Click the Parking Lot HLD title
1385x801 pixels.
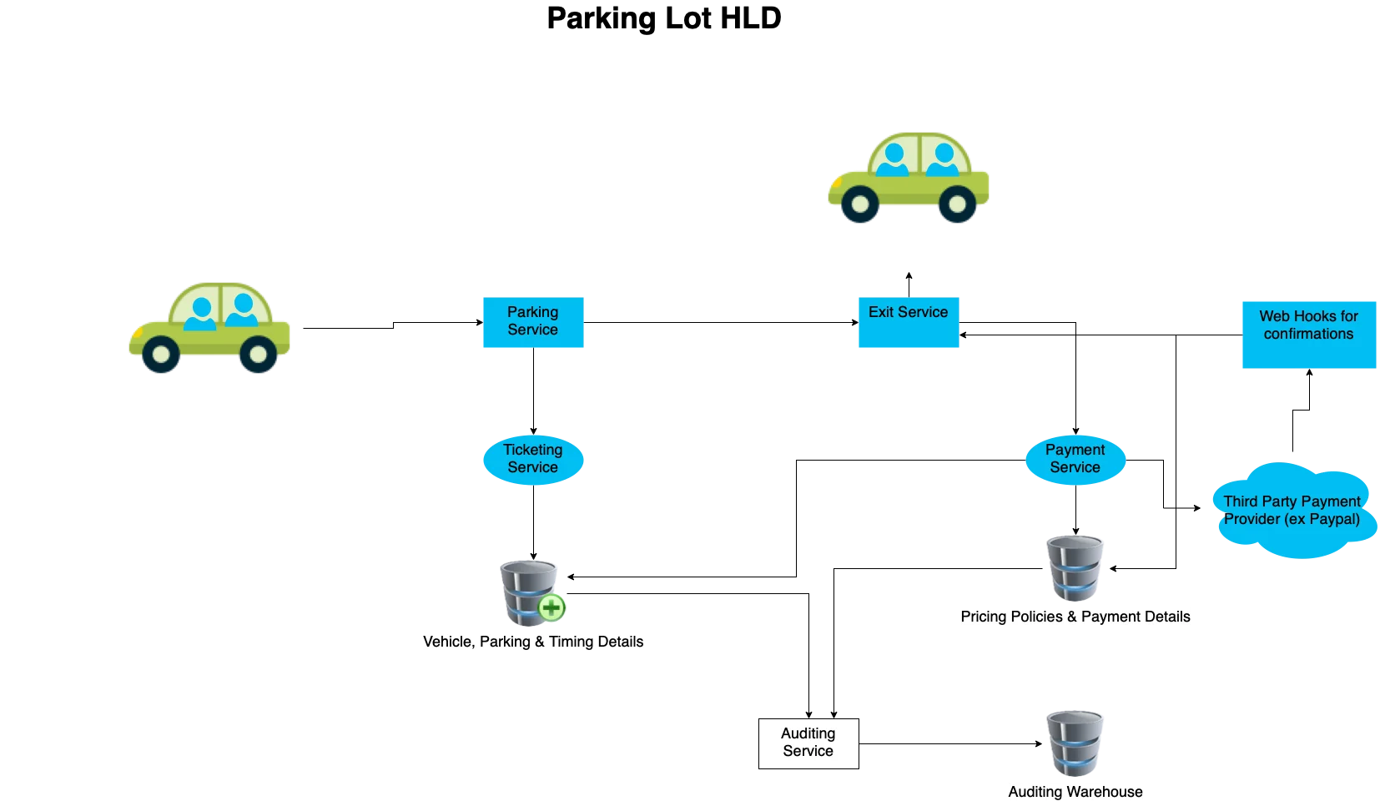664,18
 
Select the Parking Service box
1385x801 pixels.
533,322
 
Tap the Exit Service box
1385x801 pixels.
909,322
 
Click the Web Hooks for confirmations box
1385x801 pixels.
1309,335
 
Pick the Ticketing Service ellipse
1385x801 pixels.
533,460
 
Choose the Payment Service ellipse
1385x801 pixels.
1075,460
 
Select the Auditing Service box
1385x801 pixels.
808,743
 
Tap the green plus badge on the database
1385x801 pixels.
551,607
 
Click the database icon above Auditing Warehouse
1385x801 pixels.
1075,743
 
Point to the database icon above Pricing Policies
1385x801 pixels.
1075,568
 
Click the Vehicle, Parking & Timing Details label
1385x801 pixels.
533,642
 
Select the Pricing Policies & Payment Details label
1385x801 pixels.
1075,617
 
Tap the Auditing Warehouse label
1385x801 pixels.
1075,792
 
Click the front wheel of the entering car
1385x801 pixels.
161,354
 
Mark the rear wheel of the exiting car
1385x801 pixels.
957,204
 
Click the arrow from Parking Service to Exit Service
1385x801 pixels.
721,322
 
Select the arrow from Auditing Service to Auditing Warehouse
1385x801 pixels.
951,743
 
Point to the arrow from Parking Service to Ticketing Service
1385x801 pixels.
533,391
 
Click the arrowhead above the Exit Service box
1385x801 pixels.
909,276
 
